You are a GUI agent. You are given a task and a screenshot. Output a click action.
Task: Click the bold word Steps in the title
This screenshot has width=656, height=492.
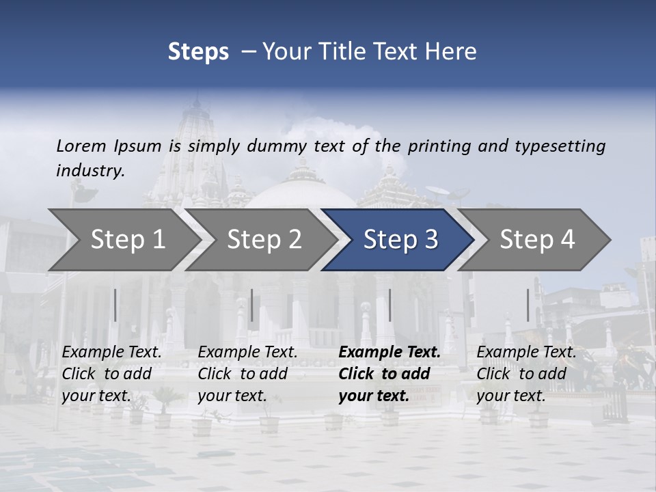(198, 52)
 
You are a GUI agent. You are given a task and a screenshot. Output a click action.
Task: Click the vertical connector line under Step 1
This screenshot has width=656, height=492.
(115, 305)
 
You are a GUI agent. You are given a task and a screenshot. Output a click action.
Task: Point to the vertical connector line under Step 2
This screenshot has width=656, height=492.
(252, 305)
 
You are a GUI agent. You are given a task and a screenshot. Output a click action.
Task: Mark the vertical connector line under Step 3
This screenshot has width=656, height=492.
(389, 305)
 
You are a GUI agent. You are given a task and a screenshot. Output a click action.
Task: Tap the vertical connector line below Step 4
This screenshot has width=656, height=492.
(528, 305)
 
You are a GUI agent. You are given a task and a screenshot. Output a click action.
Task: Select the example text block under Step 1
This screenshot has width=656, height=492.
(111, 374)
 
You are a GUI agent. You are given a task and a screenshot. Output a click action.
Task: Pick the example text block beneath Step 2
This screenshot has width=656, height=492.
(247, 374)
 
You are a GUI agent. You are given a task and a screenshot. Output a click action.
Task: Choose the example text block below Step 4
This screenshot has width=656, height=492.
(526, 374)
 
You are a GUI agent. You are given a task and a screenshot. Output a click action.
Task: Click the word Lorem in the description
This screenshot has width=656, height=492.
(81, 146)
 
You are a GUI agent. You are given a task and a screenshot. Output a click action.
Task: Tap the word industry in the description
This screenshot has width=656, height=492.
(90, 171)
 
